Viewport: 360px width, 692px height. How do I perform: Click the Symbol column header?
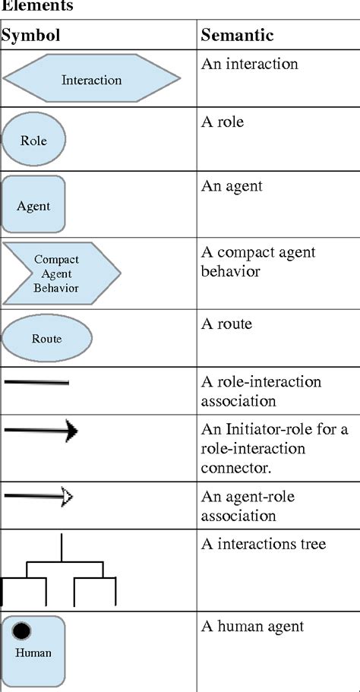point(31,36)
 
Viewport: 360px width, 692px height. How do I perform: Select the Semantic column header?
point(237,36)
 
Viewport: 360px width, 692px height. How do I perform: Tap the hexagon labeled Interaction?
point(91,79)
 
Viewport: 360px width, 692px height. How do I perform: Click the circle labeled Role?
point(33,141)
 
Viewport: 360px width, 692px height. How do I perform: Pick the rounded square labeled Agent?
point(33,205)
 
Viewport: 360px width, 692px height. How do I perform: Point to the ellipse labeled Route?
point(47,339)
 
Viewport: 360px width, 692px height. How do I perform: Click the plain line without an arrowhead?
point(36,382)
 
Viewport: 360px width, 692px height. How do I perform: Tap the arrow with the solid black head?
point(42,431)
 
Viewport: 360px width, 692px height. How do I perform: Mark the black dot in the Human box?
point(22,630)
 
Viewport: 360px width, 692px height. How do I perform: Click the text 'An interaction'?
point(250,64)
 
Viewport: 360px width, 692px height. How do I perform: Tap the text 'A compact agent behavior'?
point(258,261)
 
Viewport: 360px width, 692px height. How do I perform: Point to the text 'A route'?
point(226,324)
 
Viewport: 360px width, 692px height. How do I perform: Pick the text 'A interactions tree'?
point(264,544)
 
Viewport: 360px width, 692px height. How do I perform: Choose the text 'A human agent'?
point(252,626)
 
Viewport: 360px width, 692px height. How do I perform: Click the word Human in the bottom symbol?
point(33,653)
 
